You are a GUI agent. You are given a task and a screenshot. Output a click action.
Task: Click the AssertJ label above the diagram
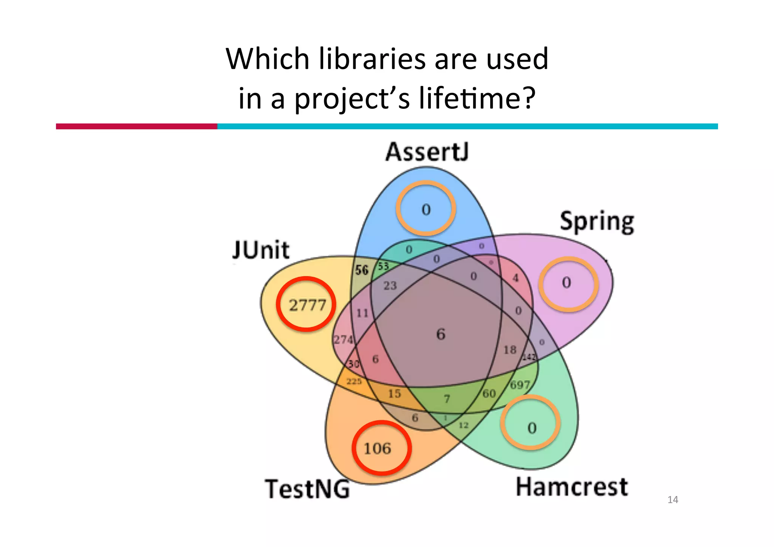[427, 152]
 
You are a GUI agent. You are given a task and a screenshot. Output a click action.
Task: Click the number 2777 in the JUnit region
[307, 305]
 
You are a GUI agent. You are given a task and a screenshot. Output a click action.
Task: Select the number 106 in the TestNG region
[377, 448]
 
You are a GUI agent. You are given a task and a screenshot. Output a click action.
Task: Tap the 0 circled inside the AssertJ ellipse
[426, 209]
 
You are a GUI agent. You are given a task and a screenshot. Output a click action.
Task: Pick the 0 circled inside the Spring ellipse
[566, 282]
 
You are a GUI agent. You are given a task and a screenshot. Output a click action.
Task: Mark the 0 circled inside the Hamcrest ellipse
[532, 428]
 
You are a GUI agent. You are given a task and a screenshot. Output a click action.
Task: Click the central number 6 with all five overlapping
[441, 334]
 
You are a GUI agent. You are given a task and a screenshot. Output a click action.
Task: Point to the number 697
[520, 385]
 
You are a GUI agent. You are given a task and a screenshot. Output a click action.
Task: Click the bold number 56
[362, 270]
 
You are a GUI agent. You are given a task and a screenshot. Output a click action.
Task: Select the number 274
[343, 339]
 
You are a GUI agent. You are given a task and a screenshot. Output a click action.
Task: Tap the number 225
[354, 381]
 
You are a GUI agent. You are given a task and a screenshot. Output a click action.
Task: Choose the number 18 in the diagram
[510, 350]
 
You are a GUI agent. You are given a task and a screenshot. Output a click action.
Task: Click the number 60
[489, 394]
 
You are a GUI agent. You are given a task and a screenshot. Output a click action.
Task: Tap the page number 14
[673, 500]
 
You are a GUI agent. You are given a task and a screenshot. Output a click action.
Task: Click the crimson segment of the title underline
[136, 126]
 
